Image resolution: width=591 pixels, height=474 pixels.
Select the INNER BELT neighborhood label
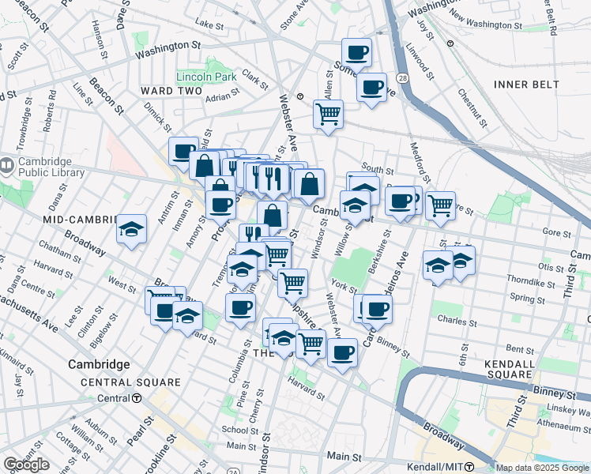click(x=526, y=85)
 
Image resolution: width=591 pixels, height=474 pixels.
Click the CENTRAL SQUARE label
click(x=130, y=382)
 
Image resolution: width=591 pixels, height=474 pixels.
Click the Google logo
click(x=26, y=465)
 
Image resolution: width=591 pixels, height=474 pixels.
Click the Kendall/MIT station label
click(x=435, y=467)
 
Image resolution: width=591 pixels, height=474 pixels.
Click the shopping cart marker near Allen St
click(x=328, y=113)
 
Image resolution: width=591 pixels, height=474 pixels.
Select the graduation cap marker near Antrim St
click(x=132, y=230)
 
